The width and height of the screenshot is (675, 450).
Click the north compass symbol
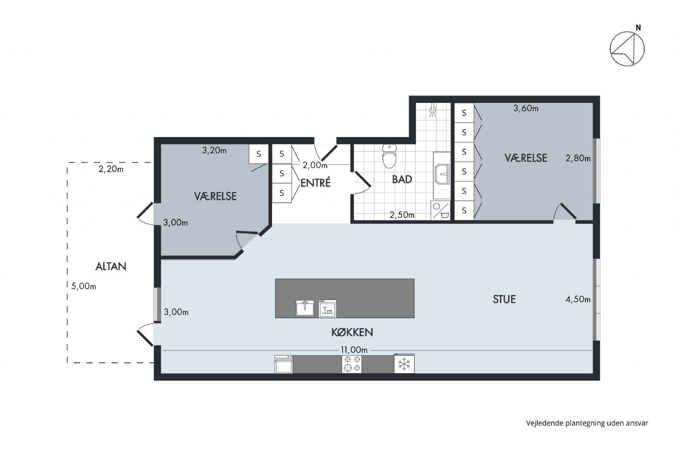coord(627,49)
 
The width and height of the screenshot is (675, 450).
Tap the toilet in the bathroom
coord(389,156)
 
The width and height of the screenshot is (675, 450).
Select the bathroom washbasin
coord(442,174)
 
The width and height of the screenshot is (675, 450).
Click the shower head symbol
coord(433,110)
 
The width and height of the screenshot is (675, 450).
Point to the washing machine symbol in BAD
coord(440,210)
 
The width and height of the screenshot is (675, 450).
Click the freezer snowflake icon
coord(404,364)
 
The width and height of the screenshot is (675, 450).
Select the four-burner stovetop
coord(352,364)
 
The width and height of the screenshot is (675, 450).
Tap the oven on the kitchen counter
coord(284,364)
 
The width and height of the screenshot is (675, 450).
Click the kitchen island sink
coord(305,308)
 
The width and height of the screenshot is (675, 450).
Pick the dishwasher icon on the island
coord(327,308)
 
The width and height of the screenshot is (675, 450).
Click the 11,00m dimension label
coord(354,350)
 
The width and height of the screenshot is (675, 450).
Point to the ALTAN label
coord(110,266)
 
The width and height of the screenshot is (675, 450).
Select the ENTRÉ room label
coord(315,182)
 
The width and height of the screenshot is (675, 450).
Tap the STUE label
coord(504,299)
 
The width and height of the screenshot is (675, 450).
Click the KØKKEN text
coord(352,332)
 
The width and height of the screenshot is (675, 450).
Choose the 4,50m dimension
coord(578,299)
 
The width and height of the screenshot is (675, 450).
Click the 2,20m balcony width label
coord(111,169)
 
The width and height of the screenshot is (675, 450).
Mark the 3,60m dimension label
coord(526,108)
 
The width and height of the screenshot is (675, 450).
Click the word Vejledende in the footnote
coord(545,423)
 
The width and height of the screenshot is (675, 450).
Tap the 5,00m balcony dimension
coord(83,286)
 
